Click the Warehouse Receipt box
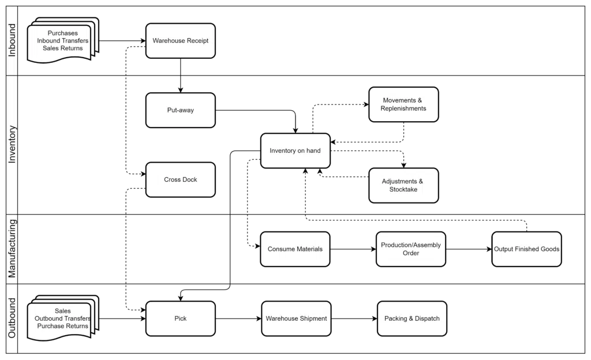click(x=181, y=40)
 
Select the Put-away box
click(x=181, y=110)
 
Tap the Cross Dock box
click(x=181, y=179)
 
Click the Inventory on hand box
click(x=295, y=151)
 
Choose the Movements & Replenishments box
click(x=403, y=104)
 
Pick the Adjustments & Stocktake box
click(x=403, y=185)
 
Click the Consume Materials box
click(x=295, y=249)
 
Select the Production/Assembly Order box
click(x=411, y=249)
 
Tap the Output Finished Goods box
click(x=526, y=249)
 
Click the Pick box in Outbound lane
click(x=181, y=318)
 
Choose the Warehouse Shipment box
click(x=296, y=318)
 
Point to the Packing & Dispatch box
click(x=412, y=318)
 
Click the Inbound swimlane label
click(x=12, y=40)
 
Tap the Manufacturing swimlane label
click(x=12, y=249)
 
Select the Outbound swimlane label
click(x=12, y=318)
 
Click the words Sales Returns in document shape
click(x=62, y=48)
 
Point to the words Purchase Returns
click(x=62, y=326)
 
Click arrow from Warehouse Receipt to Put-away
click(x=181, y=76)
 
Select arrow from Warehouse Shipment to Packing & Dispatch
click(x=354, y=318)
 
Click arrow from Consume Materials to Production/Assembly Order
click(x=353, y=249)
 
